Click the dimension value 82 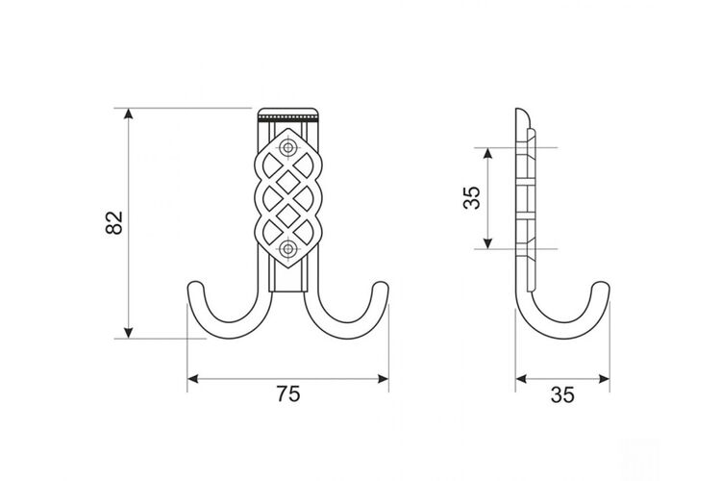click(x=114, y=223)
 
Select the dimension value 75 click(x=288, y=394)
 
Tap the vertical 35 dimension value click(x=471, y=198)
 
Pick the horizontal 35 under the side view click(x=562, y=395)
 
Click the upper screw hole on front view click(x=288, y=148)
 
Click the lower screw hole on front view click(x=288, y=249)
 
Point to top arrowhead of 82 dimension click(x=129, y=114)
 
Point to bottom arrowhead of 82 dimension click(x=129, y=333)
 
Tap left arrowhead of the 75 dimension click(x=193, y=379)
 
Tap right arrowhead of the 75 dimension click(x=383, y=379)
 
